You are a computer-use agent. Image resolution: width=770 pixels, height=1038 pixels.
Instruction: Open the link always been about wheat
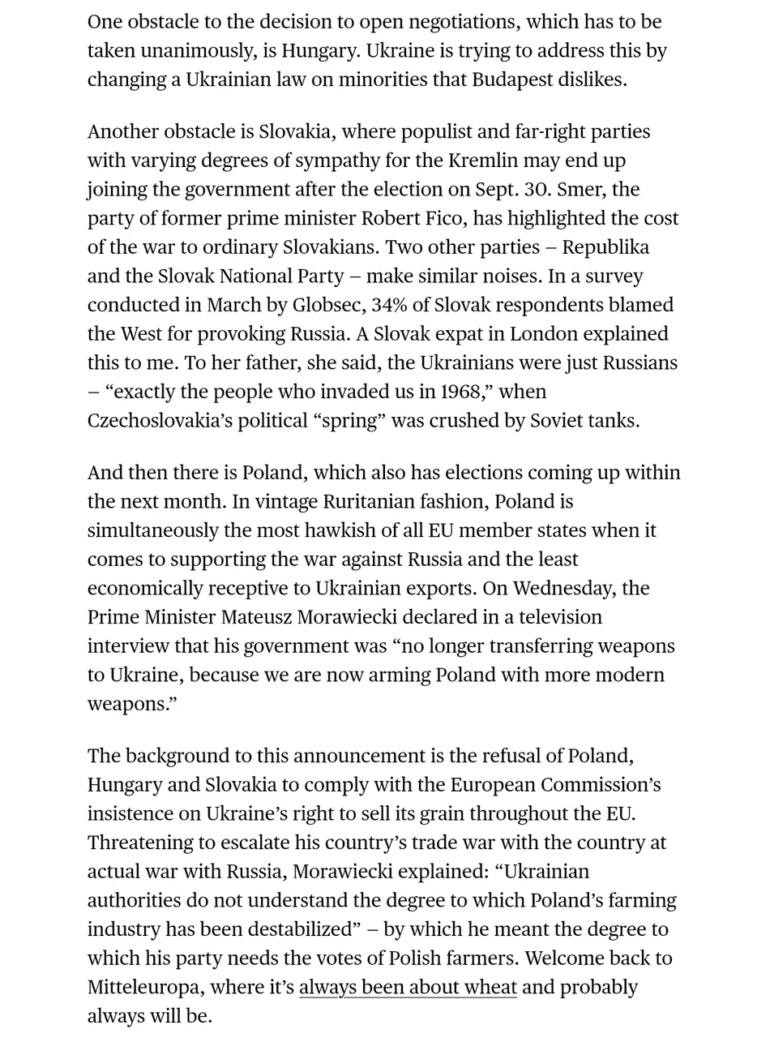click(408, 988)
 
